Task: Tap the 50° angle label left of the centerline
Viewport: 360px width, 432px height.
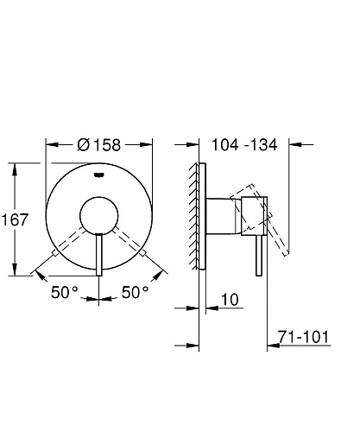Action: click(x=64, y=293)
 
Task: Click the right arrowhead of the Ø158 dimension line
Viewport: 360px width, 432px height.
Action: click(x=153, y=145)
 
